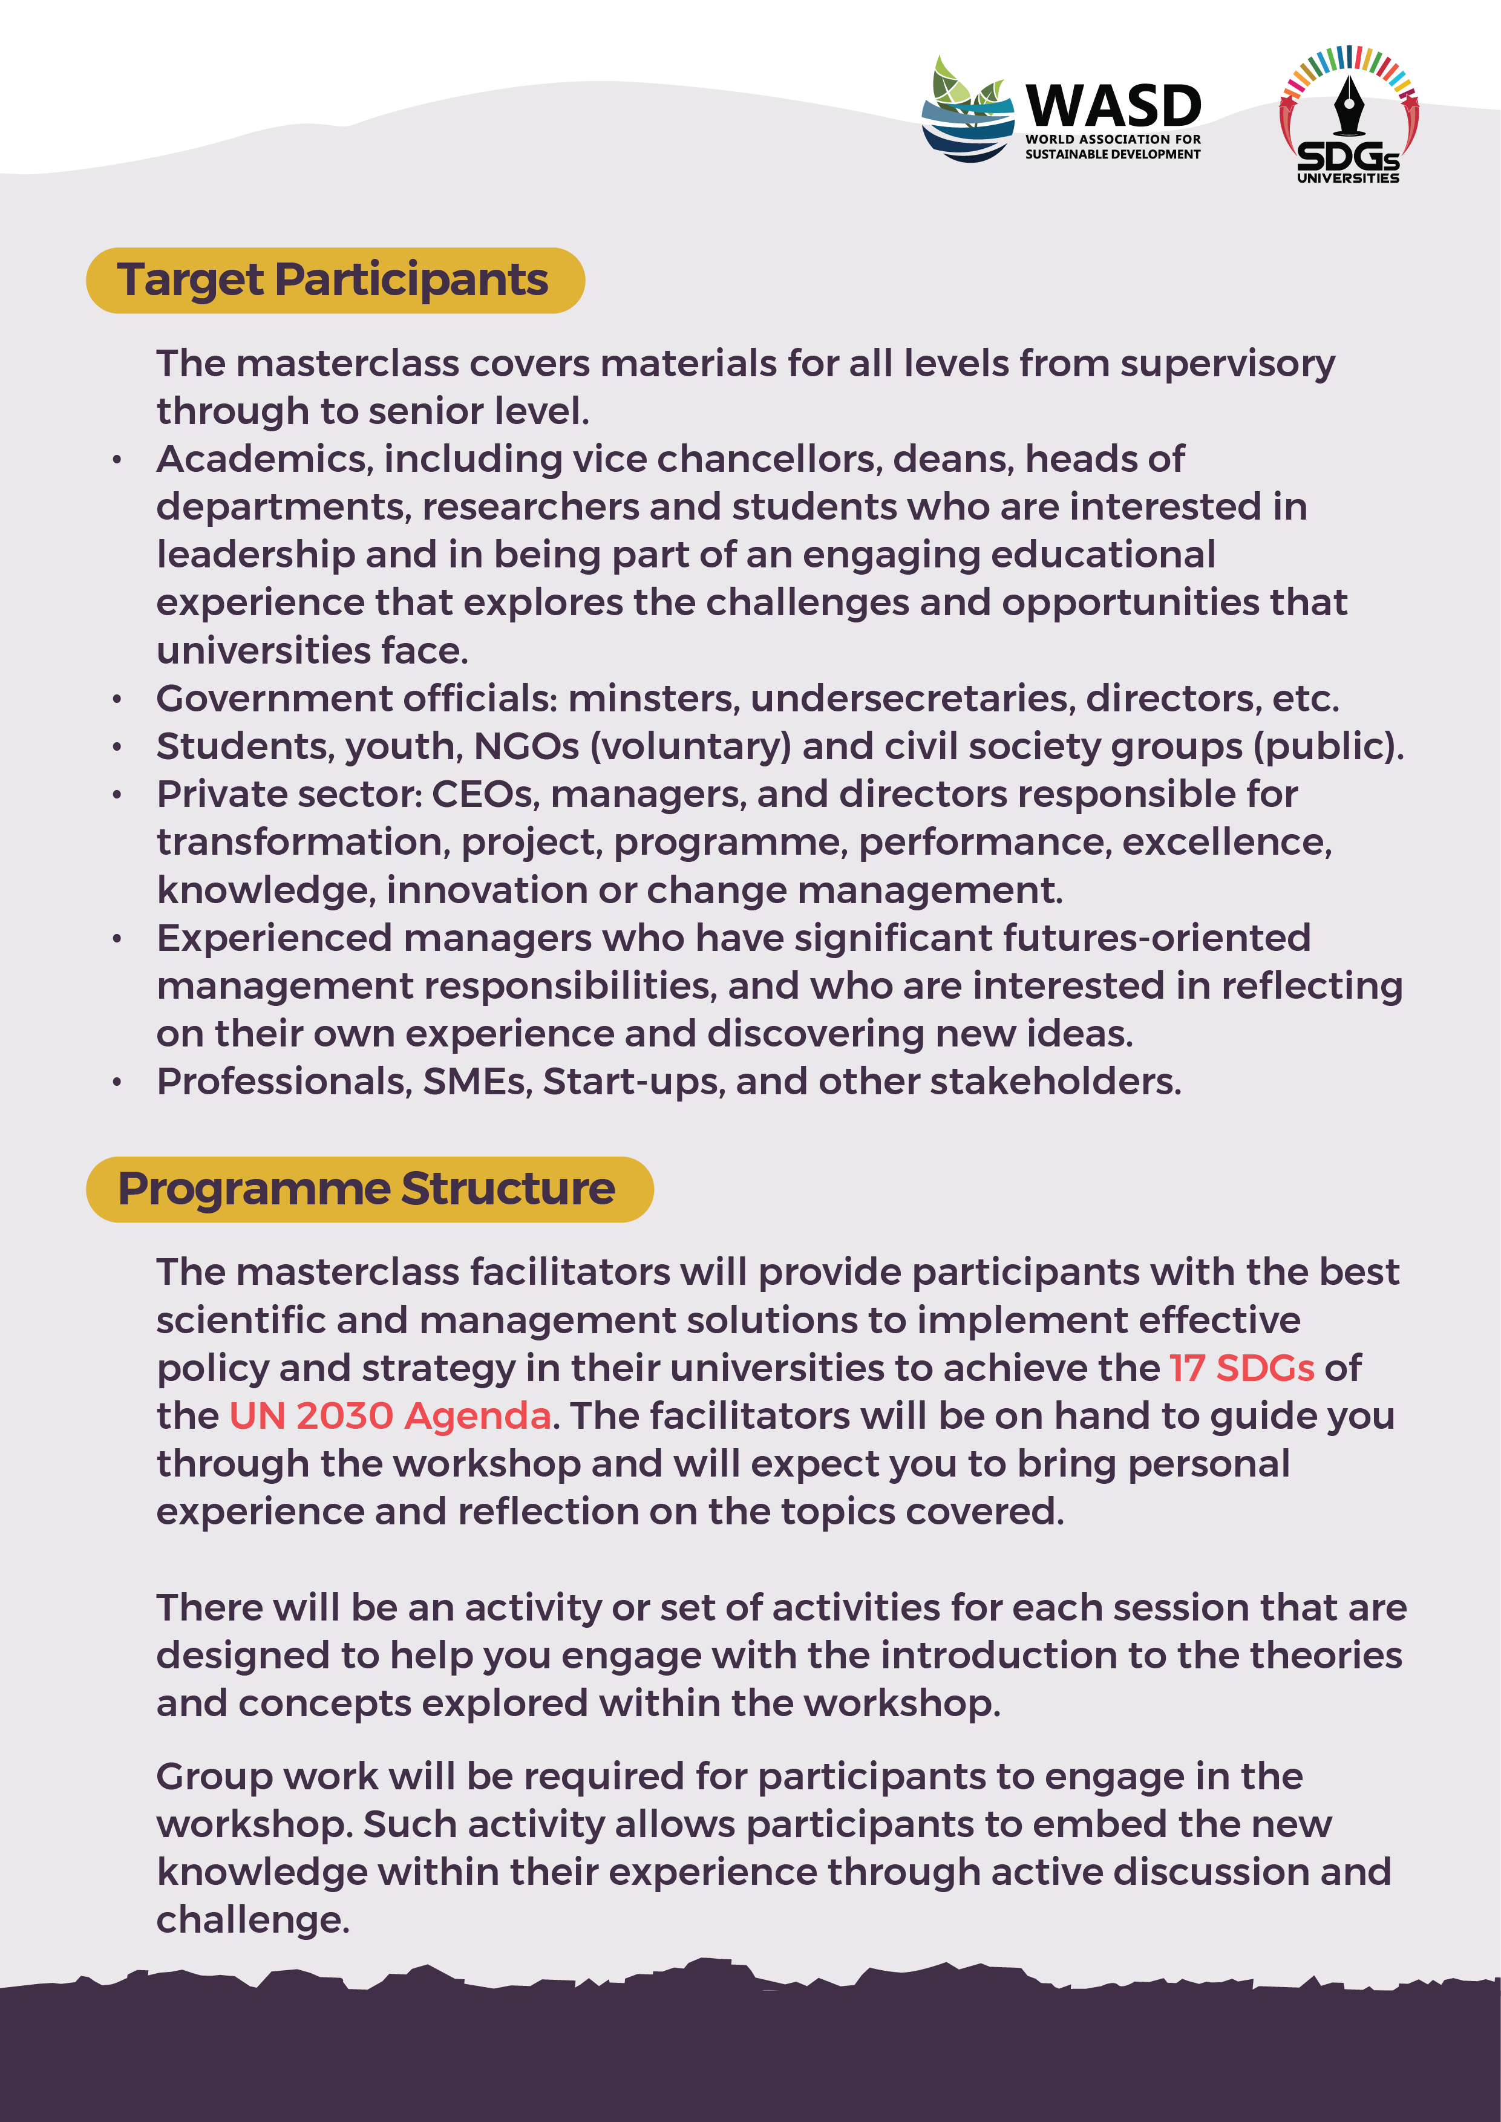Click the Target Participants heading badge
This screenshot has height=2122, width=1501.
[x=335, y=280]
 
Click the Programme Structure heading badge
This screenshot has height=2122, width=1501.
[x=369, y=1189]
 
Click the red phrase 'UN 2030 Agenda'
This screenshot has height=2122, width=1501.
[x=390, y=1416]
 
